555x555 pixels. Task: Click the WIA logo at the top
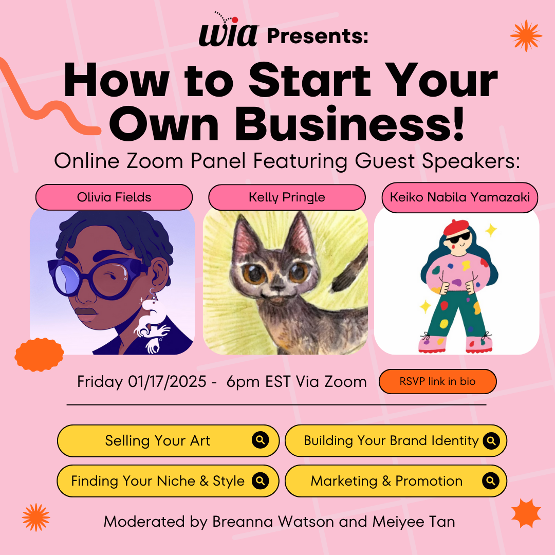point(228,31)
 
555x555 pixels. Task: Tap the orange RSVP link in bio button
point(437,381)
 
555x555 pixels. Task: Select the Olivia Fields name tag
point(114,197)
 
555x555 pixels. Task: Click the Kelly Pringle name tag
point(287,197)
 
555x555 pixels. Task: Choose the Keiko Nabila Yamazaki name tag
point(460,197)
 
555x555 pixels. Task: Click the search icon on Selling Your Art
point(260,440)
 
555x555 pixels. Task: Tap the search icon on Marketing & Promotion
point(491,480)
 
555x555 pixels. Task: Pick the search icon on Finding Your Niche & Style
point(260,480)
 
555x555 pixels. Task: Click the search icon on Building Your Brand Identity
point(491,441)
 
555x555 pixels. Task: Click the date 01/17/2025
point(167,381)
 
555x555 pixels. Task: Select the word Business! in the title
point(349,124)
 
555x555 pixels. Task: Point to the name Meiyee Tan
point(413,522)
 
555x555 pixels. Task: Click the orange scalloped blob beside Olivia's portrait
point(39,355)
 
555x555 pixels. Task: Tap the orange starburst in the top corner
point(526,35)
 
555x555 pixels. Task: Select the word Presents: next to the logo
point(318,36)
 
